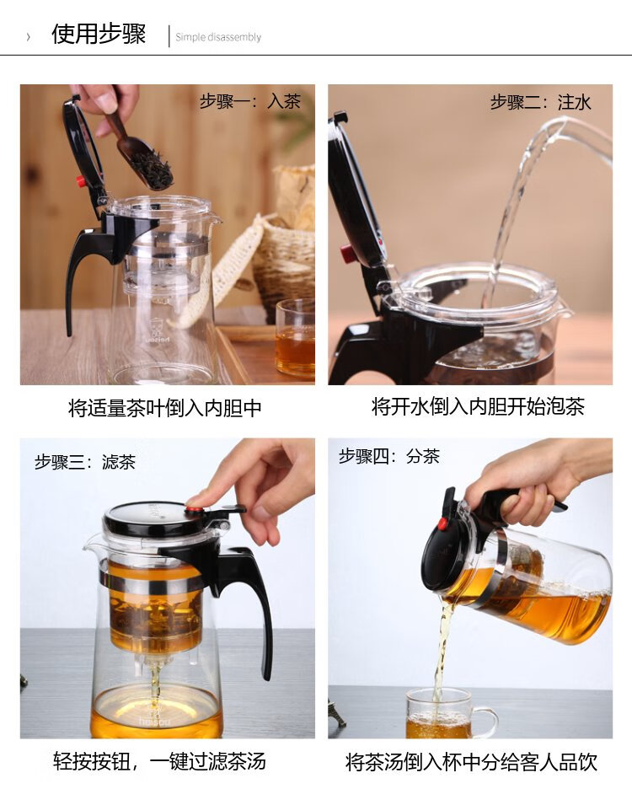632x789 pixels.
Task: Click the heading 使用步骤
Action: point(99,35)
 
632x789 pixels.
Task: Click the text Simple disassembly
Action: point(218,37)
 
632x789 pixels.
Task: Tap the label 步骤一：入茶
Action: point(250,101)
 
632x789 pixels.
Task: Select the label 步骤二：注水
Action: point(540,102)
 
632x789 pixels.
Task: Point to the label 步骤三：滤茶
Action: point(85,461)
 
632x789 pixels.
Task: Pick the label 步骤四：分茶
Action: point(389,456)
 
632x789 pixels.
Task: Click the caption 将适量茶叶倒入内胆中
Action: point(165,408)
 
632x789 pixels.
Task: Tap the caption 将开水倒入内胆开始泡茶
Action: point(478,406)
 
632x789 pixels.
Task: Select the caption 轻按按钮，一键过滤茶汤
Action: point(159,761)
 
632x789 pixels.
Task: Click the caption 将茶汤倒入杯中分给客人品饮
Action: point(471,762)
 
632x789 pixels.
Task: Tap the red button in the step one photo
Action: point(80,180)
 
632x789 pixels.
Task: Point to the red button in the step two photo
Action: point(346,253)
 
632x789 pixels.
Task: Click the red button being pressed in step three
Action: point(192,509)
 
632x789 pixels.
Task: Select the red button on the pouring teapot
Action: point(442,523)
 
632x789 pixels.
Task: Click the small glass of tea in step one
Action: point(295,337)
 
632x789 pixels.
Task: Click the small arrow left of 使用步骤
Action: point(28,37)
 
